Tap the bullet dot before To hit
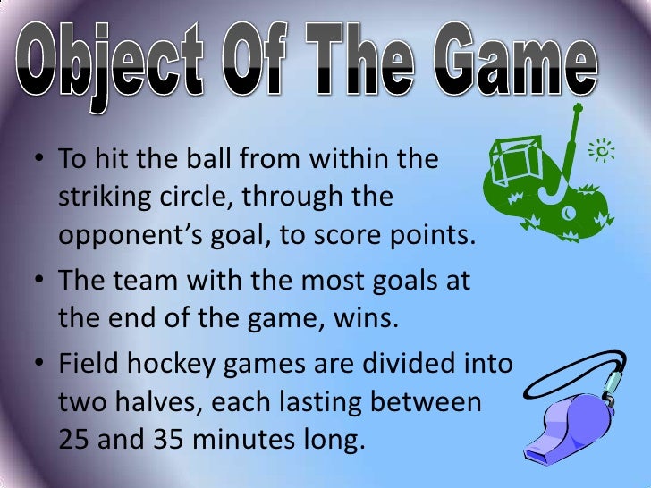click(x=40, y=163)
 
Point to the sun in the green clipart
click(x=605, y=153)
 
